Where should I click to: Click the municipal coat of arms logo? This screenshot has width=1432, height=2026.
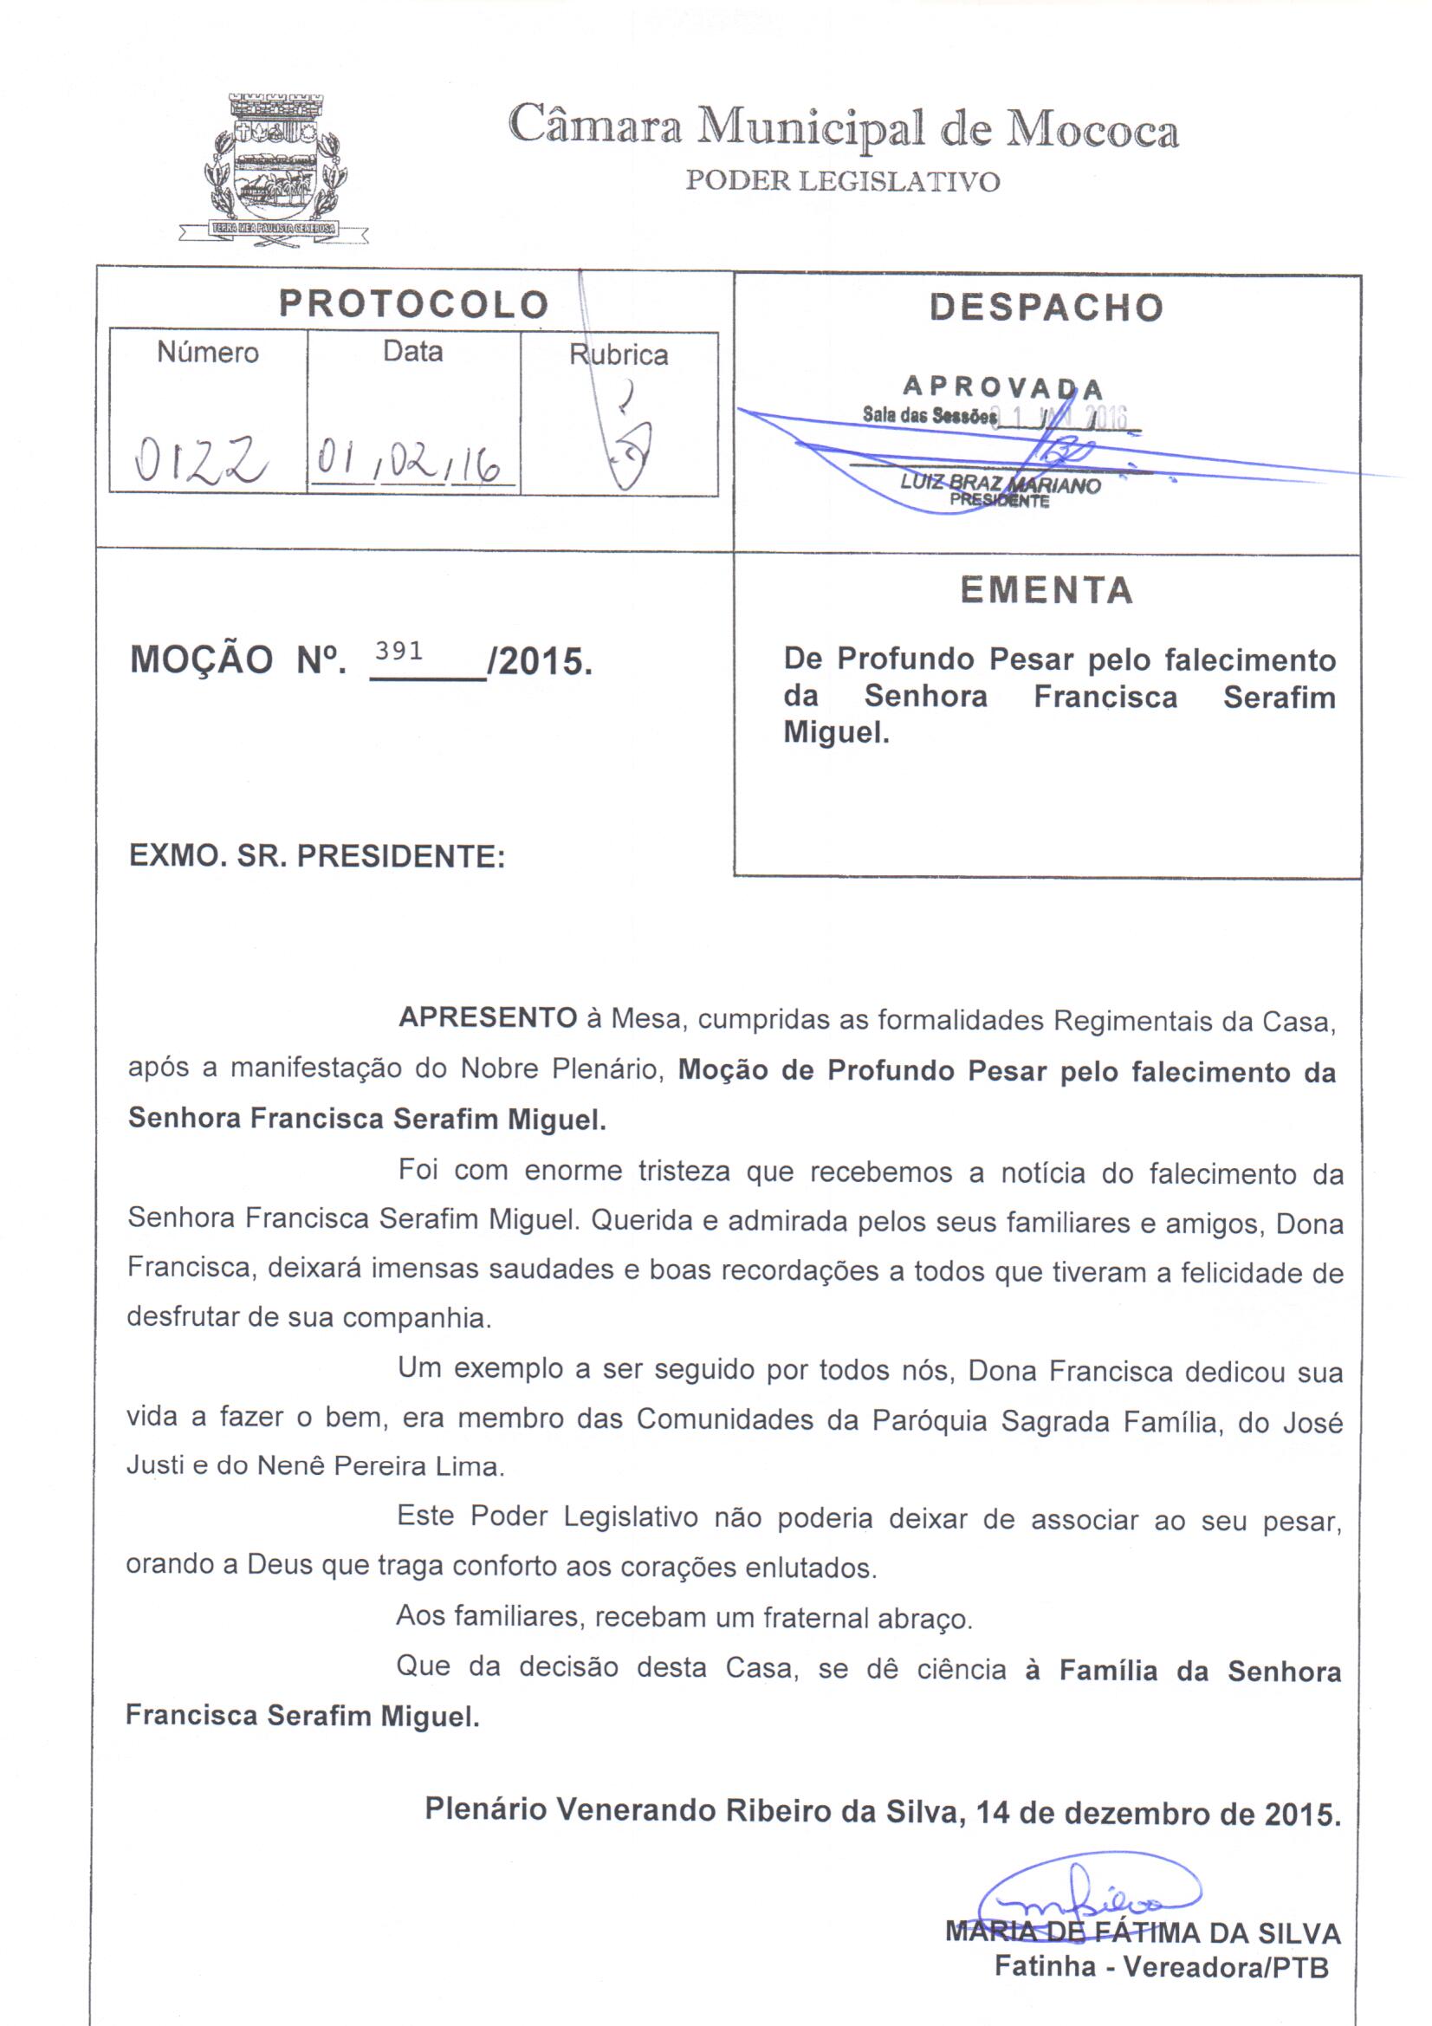click(x=275, y=167)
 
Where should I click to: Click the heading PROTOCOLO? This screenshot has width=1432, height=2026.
click(x=414, y=304)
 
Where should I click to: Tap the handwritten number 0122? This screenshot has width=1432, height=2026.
click(x=202, y=460)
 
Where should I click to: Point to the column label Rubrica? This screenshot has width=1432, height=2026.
click(x=619, y=355)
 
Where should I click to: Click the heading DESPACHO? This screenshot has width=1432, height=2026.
click(x=1046, y=307)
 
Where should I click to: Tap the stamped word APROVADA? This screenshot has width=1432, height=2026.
click(x=1002, y=387)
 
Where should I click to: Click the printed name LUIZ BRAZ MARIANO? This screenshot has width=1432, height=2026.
click(x=1000, y=484)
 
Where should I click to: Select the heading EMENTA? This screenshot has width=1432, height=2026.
click(x=1046, y=590)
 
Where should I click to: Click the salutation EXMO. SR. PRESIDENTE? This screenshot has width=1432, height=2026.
click(x=317, y=856)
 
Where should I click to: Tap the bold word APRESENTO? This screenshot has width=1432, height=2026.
click(x=488, y=1018)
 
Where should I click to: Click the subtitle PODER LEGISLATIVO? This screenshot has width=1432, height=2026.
click(x=843, y=182)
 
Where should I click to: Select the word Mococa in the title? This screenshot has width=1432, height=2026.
click(x=1092, y=131)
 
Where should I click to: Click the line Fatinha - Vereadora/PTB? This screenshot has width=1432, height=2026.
click(x=1161, y=1967)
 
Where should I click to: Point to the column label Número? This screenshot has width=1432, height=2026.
click(x=208, y=353)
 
